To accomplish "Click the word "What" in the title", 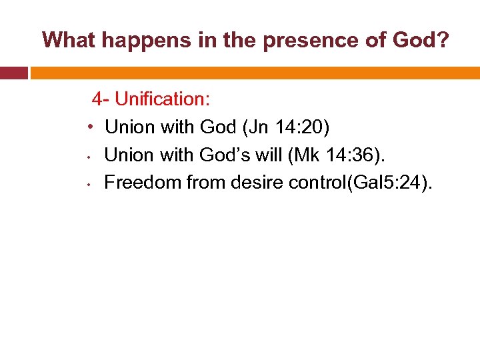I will pos(68,41).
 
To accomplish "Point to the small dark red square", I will pos(13,72).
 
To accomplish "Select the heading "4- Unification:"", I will pos(151,99).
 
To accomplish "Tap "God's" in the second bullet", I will pos(222,155).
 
